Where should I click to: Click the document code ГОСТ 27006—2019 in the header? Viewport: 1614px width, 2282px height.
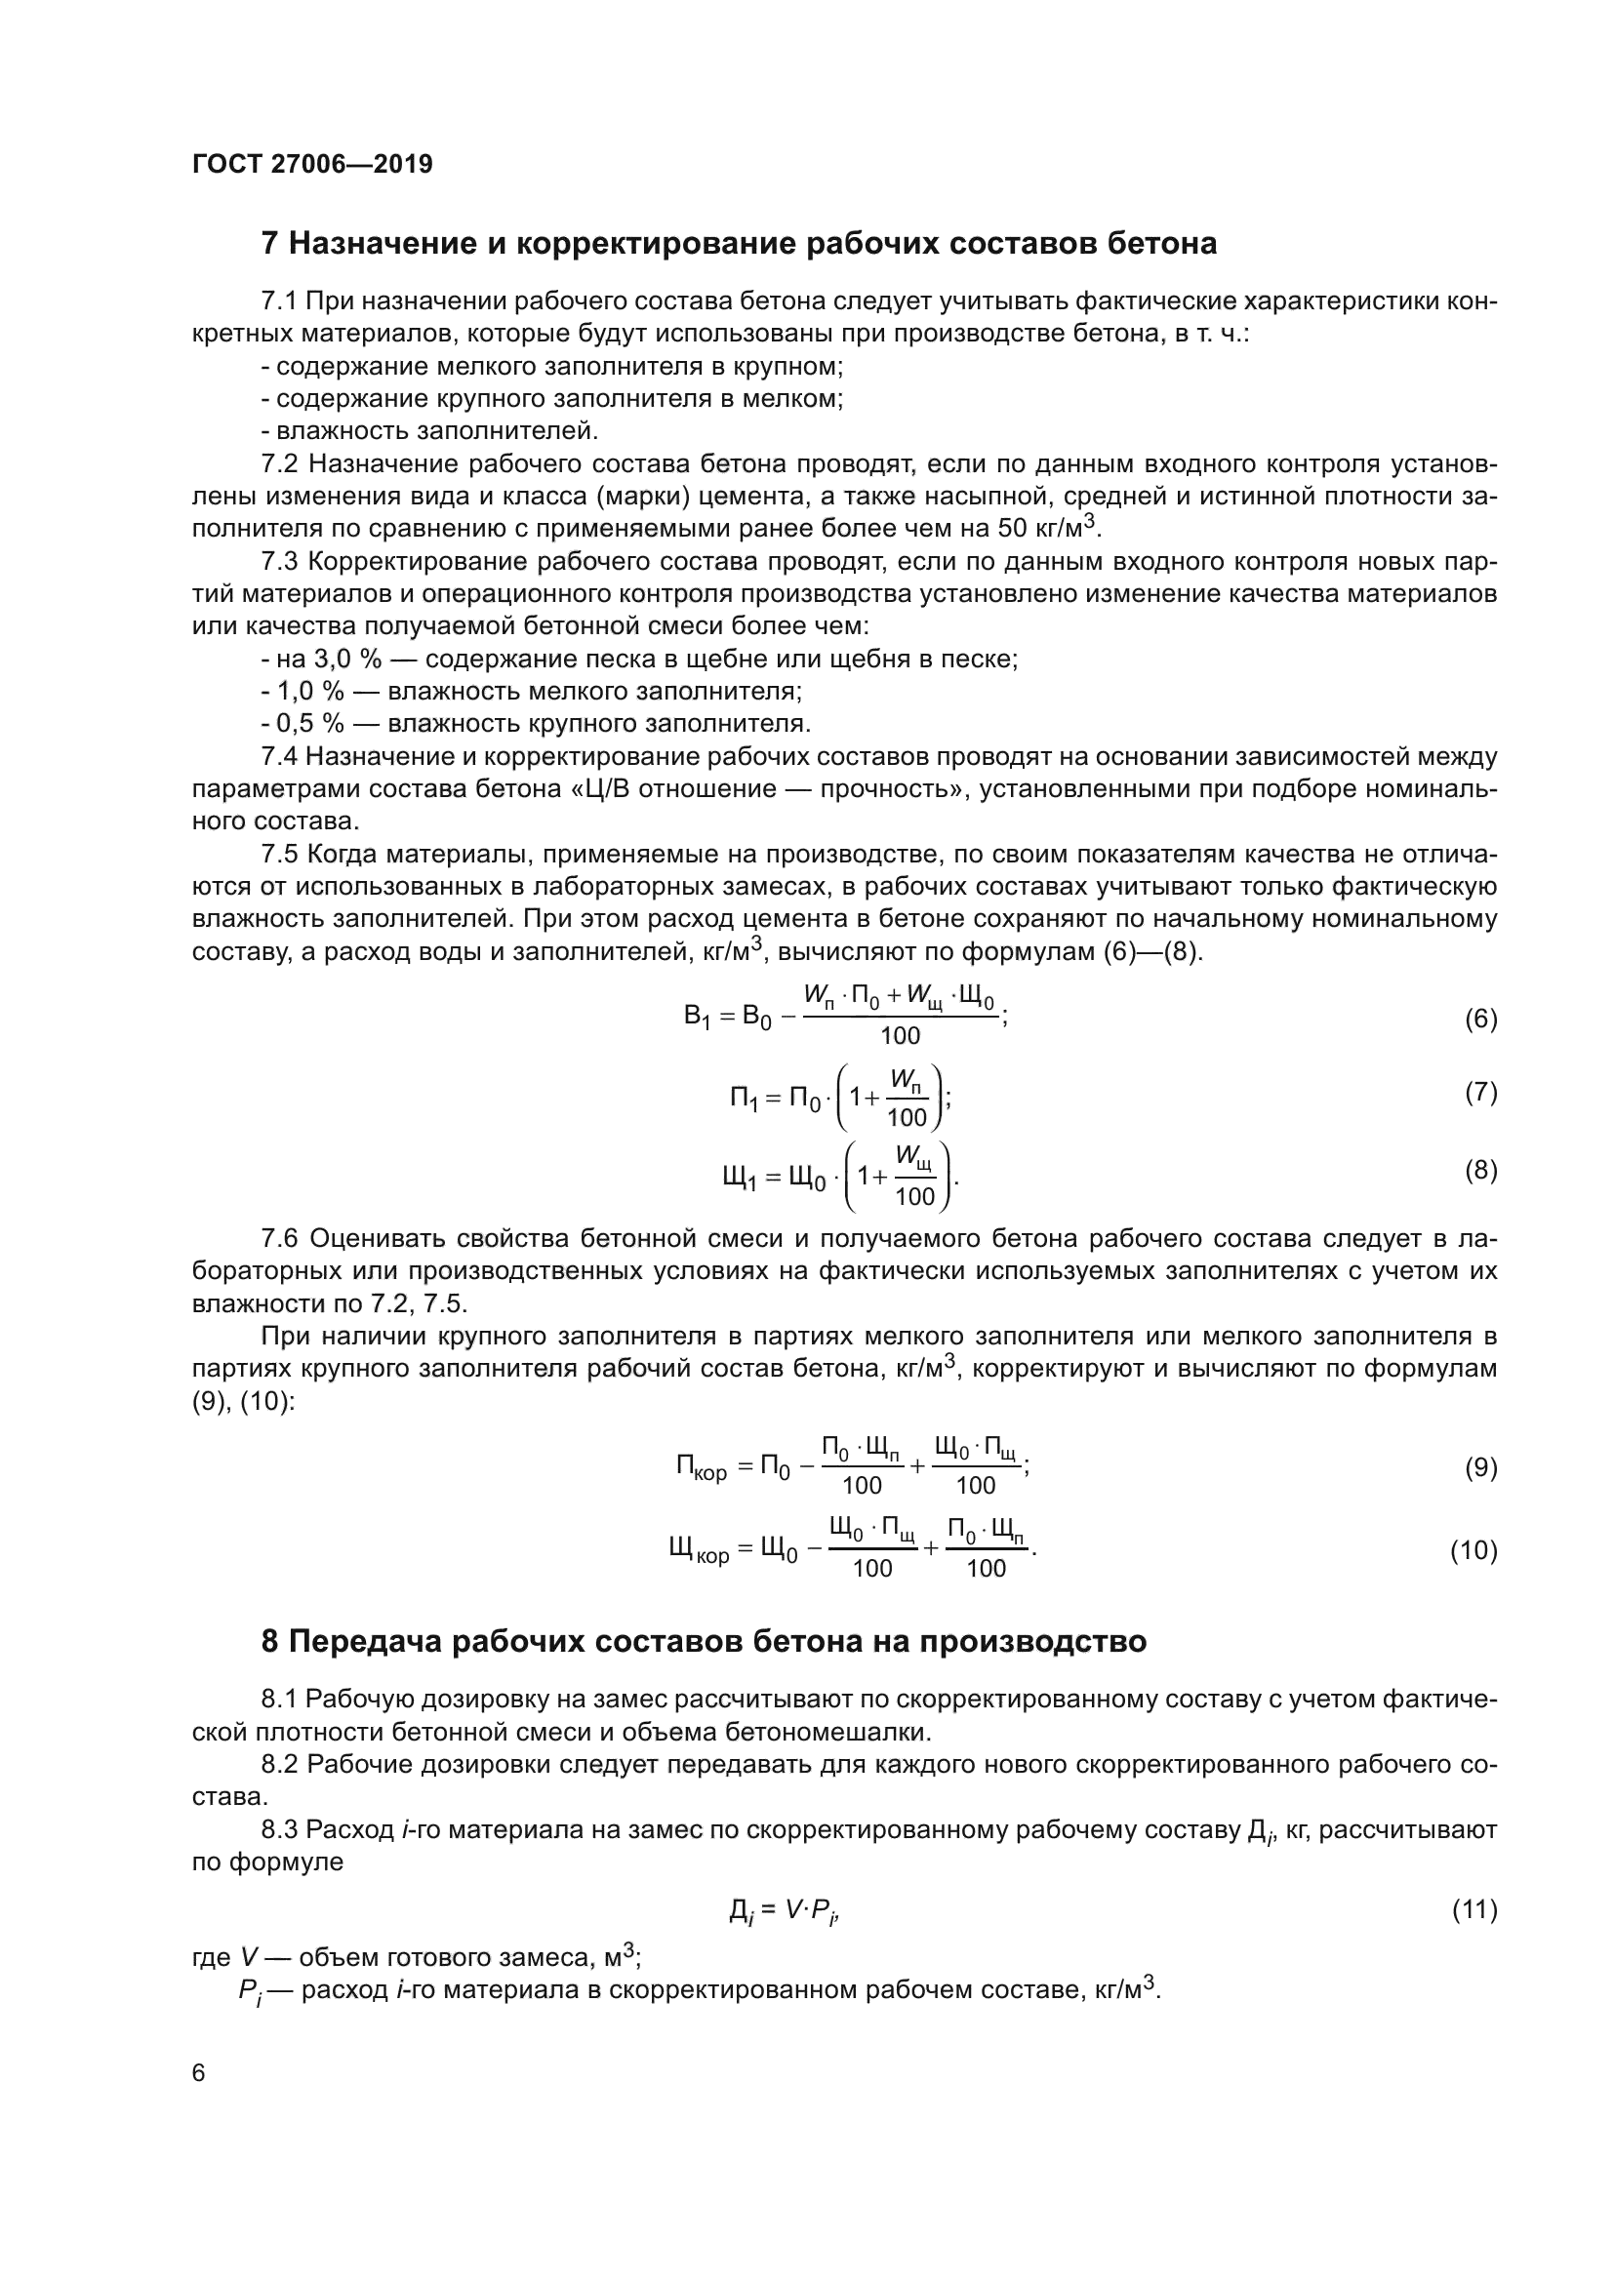tap(312, 164)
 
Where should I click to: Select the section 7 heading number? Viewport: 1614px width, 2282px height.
tap(269, 244)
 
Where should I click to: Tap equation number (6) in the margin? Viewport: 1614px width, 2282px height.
tap(1481, 1019)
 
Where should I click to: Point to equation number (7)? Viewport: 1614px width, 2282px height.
tap(1481, 1093)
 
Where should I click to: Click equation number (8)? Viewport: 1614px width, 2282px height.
tap(1481, 1170)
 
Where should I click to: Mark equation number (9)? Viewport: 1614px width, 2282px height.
tap(1481, 1468)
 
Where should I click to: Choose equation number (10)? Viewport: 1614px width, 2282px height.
tap(1473, 1550)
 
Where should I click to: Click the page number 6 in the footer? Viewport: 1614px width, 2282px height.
tap(199, 2073)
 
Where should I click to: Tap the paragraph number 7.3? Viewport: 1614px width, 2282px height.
tap(279, 562)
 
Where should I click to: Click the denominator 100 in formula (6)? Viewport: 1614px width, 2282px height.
tap(901, 1036)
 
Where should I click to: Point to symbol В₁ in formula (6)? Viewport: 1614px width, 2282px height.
tap(696, 1017)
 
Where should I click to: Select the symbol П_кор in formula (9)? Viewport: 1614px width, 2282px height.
tap(702, 1468)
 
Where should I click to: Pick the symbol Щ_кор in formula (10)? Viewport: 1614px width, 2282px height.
tap(700, 1550)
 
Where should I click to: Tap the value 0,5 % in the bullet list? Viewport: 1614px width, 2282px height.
tap(310, 724)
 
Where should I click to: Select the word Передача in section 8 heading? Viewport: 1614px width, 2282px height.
tap(363, 1641)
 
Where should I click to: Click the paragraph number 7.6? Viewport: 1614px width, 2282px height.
tap(279, 1238)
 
